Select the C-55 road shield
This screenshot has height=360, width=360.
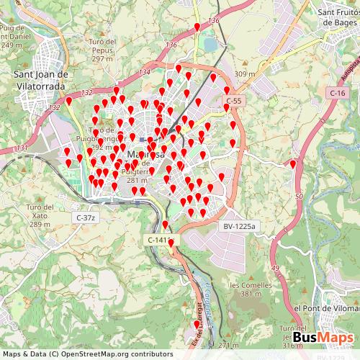coord(233,99)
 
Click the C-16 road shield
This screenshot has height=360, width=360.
coord(338,93)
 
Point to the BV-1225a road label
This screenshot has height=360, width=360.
coord(238,225)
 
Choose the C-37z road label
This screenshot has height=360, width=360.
coord(86,217)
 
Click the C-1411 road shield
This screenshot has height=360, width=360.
coord(161,239)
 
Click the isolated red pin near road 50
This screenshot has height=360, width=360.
coord(293,165)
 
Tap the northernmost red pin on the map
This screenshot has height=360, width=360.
coord(197,27)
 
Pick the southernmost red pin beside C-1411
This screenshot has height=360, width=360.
coord(171,243)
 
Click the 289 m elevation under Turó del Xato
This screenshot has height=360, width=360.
coord(39,224)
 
